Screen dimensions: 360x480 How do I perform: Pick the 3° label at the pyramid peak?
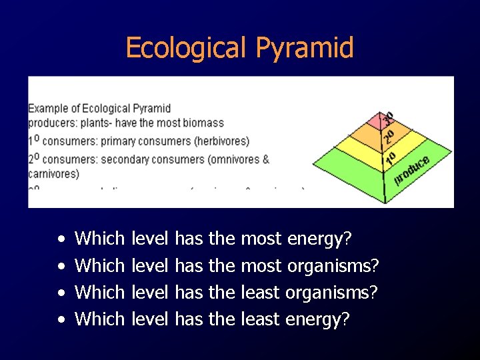(x=387, y=119)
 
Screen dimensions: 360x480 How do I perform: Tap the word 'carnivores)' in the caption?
(x=53, y=174)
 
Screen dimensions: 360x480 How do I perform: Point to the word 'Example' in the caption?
(x=48, y=108)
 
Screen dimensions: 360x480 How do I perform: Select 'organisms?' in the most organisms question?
(x=333, y=265)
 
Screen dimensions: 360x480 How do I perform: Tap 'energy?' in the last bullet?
(x=317, y=319)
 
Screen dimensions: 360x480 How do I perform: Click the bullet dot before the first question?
(x=61, y=239)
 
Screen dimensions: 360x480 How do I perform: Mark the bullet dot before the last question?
(x=61, y=320)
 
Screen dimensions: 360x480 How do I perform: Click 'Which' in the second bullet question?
(x=100, y=265)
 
